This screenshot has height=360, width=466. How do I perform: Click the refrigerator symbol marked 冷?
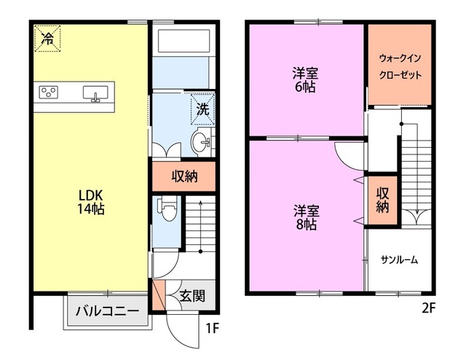pyautogui.click(x=47, y=39)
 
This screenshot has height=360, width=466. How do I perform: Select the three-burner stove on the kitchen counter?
pyautogui.click(x=49, y=93)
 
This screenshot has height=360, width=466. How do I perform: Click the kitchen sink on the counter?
pyautogui.click(x=95, y=93)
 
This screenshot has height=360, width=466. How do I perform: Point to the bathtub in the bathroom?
pyautogui.click(x=184, y=41)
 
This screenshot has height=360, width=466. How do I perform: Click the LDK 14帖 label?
pyautogui.click(x=90, y=203)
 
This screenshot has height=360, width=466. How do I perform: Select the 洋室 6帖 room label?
pyautogui.click(x=305, y=80)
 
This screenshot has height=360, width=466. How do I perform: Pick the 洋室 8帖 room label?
pyautogui.click(x=307, y=218)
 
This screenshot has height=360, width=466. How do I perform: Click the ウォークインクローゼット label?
pyautogui.click(x=400, y=66)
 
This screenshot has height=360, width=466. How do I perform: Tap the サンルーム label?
pyautogui.click(x=400, y=260)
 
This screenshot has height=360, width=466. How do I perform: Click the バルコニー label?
pyautogui.click(x=107, y=311)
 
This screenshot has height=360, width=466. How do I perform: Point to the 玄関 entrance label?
pyautogui.click(x=192, y=296)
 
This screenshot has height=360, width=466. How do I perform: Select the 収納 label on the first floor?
pyautogui.click(x=184, y=177)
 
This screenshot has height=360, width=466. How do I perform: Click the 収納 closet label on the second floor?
pyautogui.click(x=383, y=200)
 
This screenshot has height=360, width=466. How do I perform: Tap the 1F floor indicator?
pyautogui.click(x=213, y=328)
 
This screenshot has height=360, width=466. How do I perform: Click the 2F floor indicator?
pyautogui.click(x=428, y=308)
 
